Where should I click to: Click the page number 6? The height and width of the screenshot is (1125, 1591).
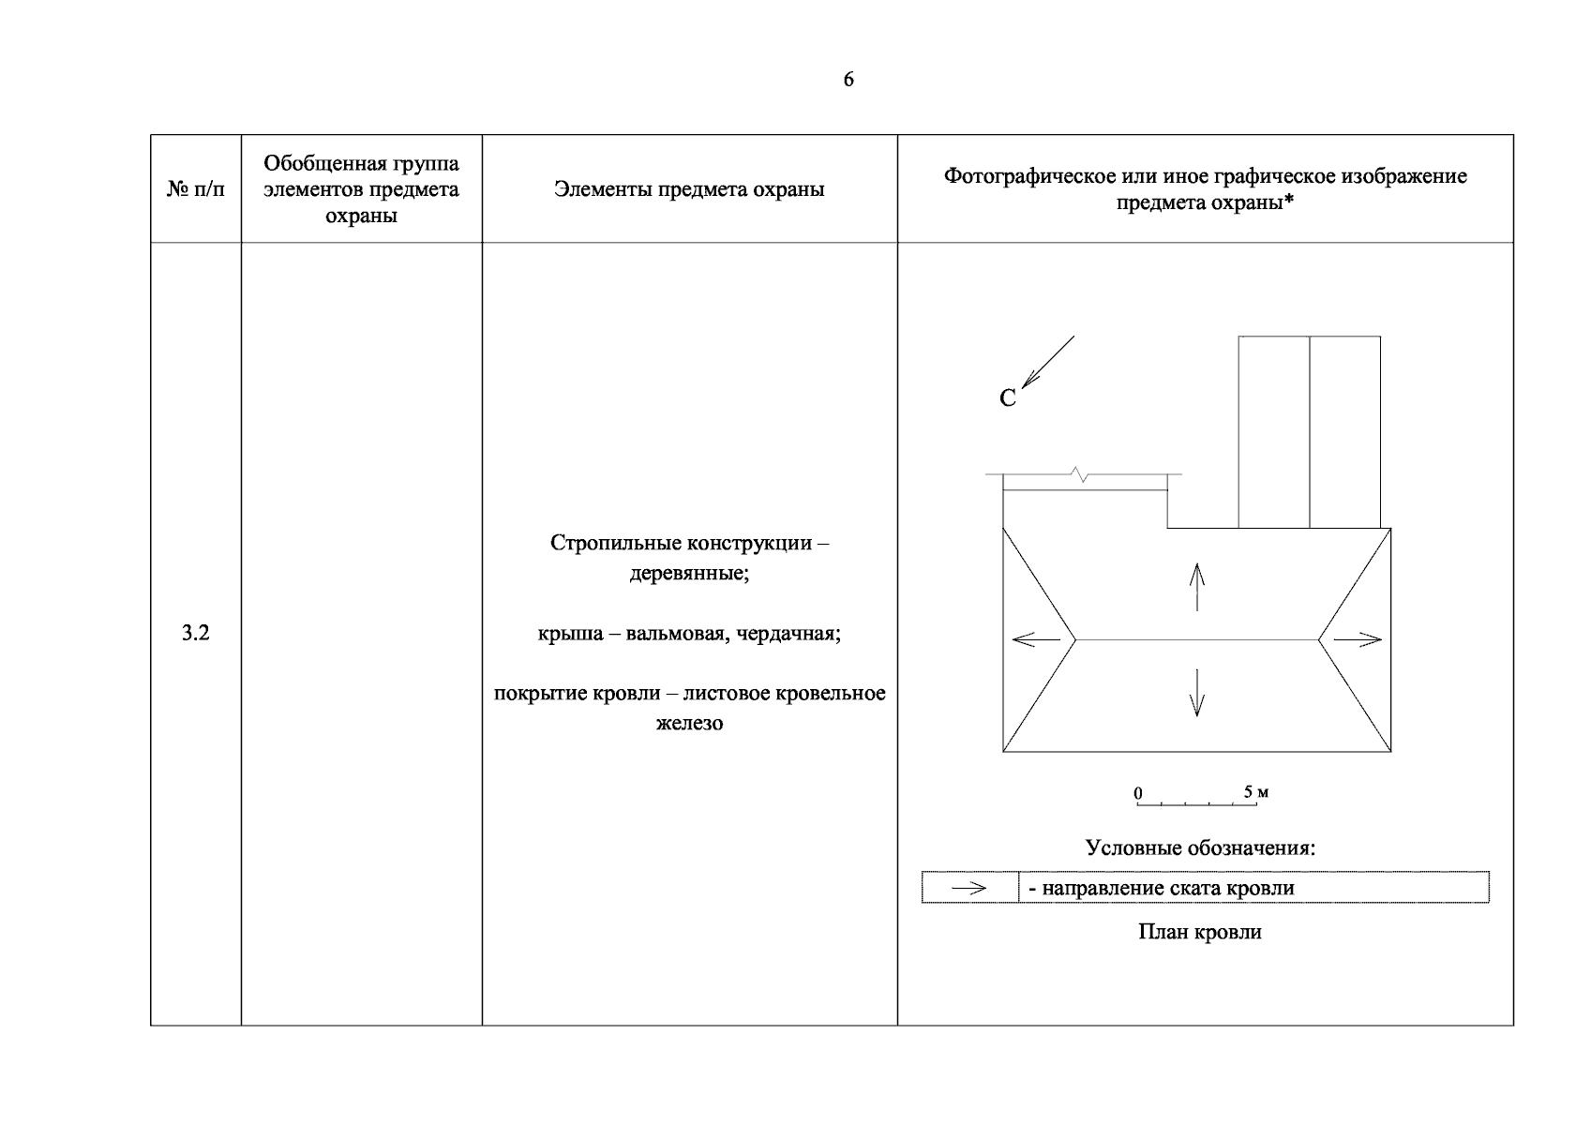[x=848, y=80]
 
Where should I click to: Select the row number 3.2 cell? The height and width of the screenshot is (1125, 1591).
[x=195, y=633]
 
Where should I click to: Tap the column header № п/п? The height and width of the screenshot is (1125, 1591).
[x=195, y=189]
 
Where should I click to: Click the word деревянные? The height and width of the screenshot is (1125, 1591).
[x=689, y=572]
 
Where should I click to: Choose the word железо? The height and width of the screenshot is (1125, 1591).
[x=689, y=723]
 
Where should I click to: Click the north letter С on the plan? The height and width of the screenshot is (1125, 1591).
[x=1008, y=398]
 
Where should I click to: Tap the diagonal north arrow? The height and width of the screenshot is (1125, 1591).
[x=1047, y=362]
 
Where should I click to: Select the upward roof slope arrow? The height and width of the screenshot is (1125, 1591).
[x=1196, y=586]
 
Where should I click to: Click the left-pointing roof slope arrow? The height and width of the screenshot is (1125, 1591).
[x=1036, y=639]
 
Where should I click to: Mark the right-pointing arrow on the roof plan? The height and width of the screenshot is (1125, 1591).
[x=1358, y=639]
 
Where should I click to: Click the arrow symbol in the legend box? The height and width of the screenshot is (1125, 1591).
[x=969, y=888]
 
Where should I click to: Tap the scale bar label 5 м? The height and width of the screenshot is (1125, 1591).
[x=1256, y=792]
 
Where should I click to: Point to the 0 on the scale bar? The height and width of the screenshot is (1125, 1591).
[x=1138, y=793]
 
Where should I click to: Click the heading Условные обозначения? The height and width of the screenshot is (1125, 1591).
[x=1200, y=848]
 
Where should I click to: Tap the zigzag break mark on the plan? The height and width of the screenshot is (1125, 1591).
[x=1084, y=475]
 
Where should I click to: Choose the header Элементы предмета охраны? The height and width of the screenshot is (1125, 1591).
[x=689, y=189]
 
